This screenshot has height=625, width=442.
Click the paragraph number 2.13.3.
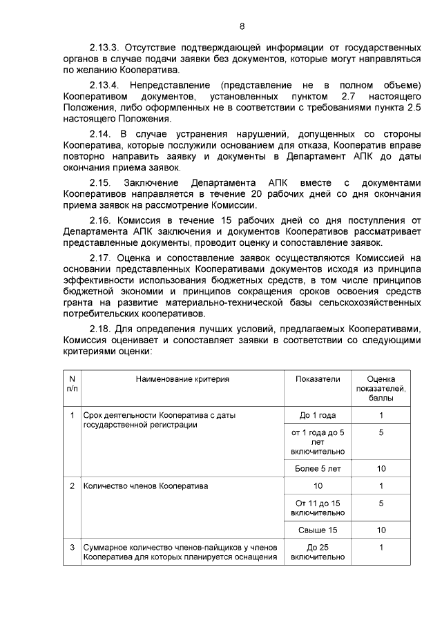(105, 48)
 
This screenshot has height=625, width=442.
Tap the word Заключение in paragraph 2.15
(152, 182)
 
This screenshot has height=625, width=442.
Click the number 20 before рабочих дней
(257, 193)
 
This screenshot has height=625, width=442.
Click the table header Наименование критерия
(182, 379)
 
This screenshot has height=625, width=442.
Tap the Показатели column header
(318, 379)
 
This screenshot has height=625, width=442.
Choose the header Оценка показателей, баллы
(381, 388)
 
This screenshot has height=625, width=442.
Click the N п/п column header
(72, 383)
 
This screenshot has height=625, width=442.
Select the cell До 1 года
(318, 415)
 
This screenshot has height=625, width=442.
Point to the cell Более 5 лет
(318, 469)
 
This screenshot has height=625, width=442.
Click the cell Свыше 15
(318, 530)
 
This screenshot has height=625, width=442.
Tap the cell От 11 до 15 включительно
(318, 508)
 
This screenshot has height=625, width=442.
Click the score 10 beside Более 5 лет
(381, 469)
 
